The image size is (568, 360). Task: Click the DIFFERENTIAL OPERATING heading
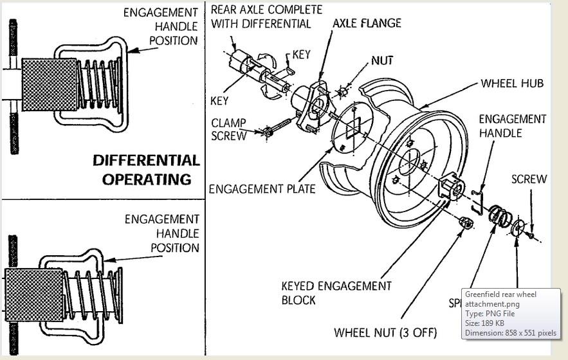[146, 169]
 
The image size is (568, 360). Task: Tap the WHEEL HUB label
[512, 84]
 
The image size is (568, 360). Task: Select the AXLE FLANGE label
[367, 23]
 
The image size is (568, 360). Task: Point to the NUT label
[381, 61]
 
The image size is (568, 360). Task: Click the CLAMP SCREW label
[228, 129]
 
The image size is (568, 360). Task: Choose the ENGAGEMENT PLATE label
[262, 189]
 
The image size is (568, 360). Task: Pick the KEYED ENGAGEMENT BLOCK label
[336, 292]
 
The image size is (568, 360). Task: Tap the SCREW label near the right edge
[529, 179]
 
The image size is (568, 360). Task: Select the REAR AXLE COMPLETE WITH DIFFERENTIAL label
[266, 17]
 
